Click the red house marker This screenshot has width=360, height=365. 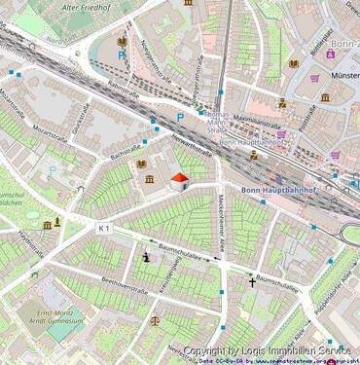(x=180, y=181)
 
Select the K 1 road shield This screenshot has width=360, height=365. (x=105, y=228)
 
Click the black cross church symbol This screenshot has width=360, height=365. (x=251, y=282)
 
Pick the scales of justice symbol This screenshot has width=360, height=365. (x=154, y=319)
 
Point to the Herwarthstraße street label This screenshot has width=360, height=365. (x=190, y=146)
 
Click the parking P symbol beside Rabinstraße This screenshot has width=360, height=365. (x=121, y=57)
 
